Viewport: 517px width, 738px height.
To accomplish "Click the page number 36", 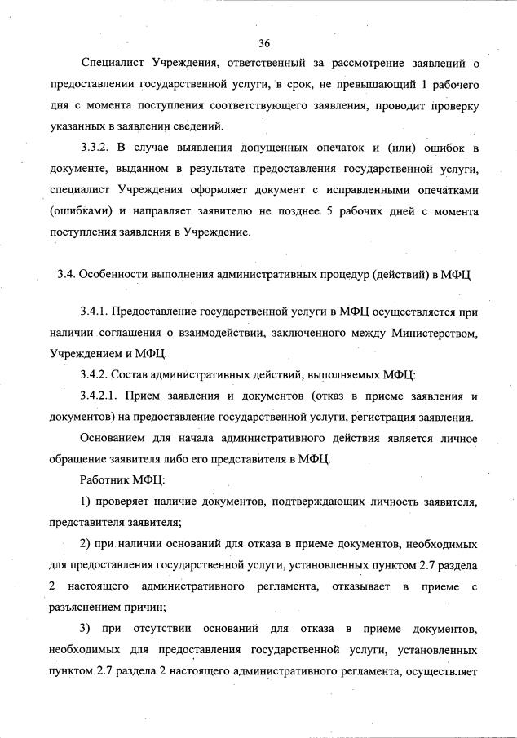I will click(263, 42).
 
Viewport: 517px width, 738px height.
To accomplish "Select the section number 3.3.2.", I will click(99, 148).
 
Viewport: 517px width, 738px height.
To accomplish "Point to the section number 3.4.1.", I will click(97, 312).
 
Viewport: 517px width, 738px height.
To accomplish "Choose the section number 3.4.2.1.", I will click(102, 397).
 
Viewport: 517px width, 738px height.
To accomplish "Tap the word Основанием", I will click(114, 439).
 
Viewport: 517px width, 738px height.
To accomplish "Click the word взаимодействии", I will click(209, 333).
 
